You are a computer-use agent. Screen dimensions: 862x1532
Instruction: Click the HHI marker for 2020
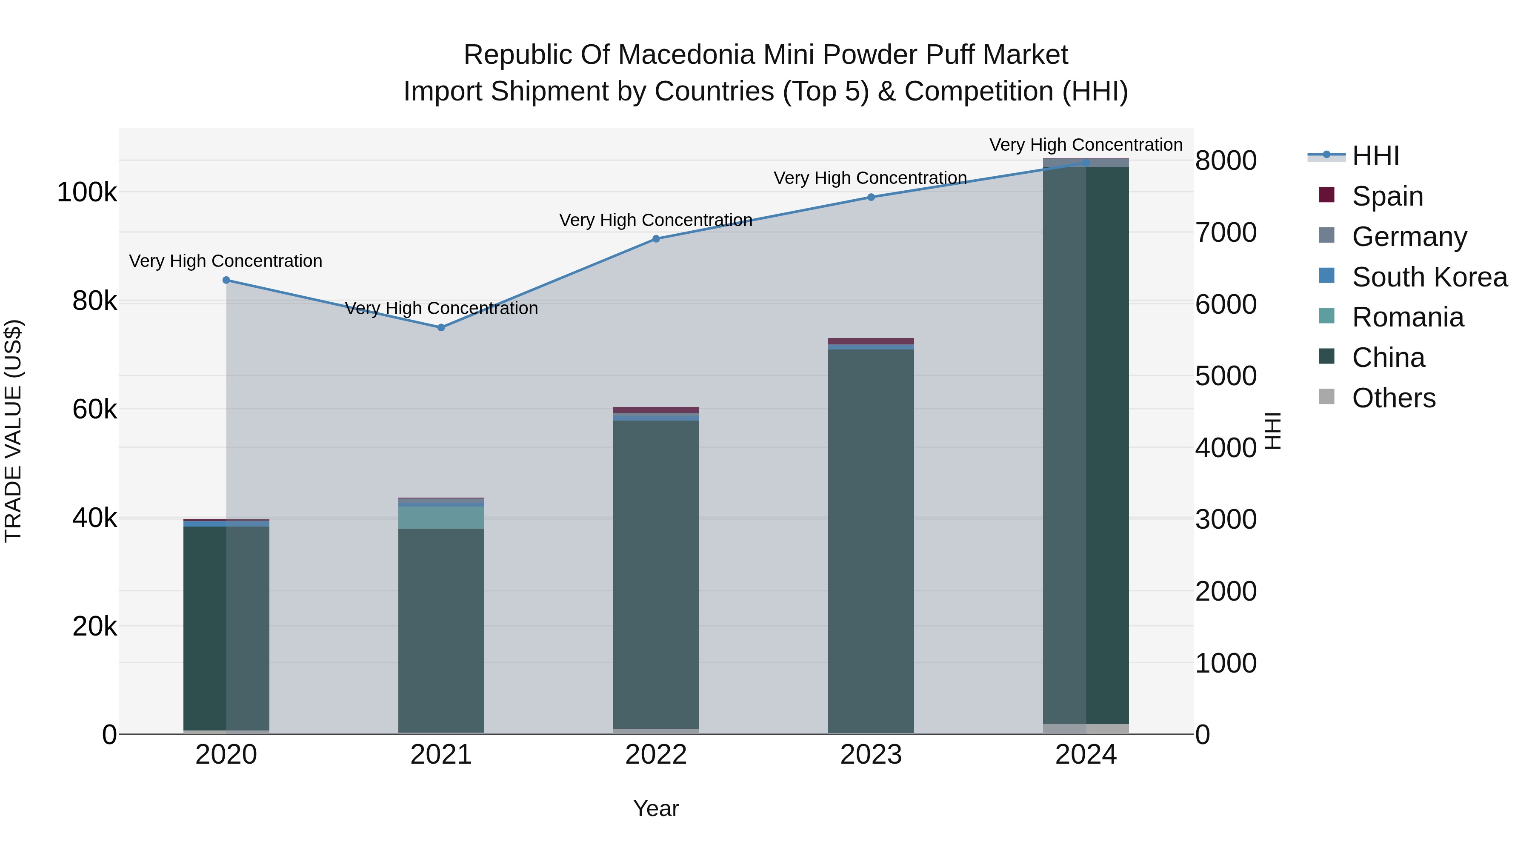click(226, 280)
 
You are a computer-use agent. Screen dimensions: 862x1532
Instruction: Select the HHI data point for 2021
click(441, 327)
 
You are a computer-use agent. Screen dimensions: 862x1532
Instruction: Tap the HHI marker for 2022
click(656, 238)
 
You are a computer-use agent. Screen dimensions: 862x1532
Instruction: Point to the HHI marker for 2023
click(871, 197)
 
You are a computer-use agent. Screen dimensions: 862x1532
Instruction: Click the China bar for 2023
click(871, 536)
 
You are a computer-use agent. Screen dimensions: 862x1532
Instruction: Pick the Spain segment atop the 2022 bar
click(656, 410)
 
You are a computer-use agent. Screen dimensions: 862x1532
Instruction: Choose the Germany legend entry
click(1409, 236)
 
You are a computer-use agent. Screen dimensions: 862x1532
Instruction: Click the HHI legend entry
click(1375, 156)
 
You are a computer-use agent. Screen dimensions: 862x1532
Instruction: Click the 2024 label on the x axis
click(1086, 755)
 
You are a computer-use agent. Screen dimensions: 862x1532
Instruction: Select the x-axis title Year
click(656, 808)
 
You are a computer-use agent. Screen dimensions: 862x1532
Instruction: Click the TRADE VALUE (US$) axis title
click(13, 431)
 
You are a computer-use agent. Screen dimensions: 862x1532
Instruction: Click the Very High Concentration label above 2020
click(226, 261)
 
